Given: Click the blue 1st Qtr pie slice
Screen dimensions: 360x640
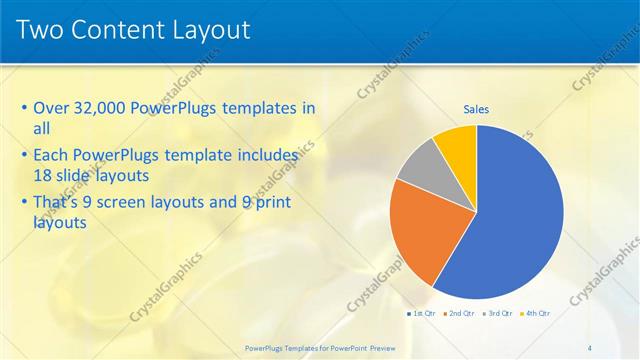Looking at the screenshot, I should point(505,220).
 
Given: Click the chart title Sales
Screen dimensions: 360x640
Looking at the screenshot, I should point(476,110).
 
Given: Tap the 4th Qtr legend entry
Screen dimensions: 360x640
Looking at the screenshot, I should point(536,313).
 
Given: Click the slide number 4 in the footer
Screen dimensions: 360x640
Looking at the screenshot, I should point(589,347).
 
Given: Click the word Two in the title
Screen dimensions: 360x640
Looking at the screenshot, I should point(41,29).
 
